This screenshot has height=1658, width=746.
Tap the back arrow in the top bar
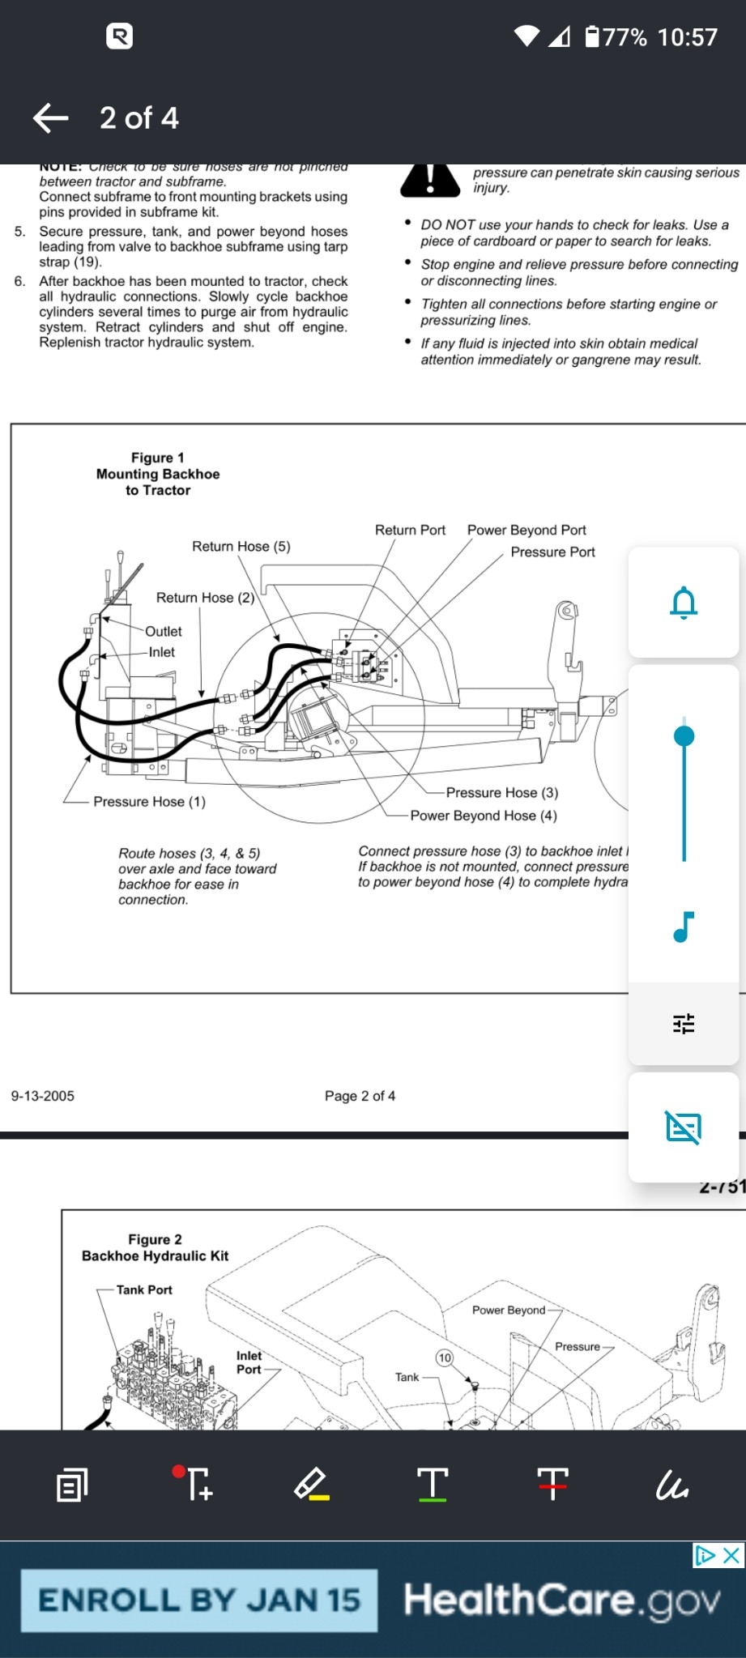[51, 118]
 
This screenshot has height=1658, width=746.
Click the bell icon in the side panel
[684, 603]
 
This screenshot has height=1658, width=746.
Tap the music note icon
[684, 927]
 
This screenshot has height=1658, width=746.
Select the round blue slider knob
[684, 735]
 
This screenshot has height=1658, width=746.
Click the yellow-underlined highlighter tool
[311, 1485]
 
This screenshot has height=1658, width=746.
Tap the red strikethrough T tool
[552, 1484]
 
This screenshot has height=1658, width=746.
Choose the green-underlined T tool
[433, 1485]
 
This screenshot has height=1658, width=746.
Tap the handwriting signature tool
[672, 1485]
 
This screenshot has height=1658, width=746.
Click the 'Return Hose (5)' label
[241, 547]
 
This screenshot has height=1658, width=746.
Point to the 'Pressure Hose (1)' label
[149, 802]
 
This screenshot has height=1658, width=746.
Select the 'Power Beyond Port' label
[526, 531]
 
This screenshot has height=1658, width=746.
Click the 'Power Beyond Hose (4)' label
[484, 816]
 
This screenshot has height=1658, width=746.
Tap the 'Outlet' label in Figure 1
[164, 632]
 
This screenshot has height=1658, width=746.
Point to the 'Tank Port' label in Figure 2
[144, 1289]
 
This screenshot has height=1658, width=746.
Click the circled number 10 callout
[445, 1358]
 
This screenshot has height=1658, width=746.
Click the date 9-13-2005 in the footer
[43, 1096]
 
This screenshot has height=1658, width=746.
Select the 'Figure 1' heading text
[158, 458]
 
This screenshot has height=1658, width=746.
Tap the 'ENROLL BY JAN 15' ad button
[199, 1600]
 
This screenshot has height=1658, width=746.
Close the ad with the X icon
[731, 1555]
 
